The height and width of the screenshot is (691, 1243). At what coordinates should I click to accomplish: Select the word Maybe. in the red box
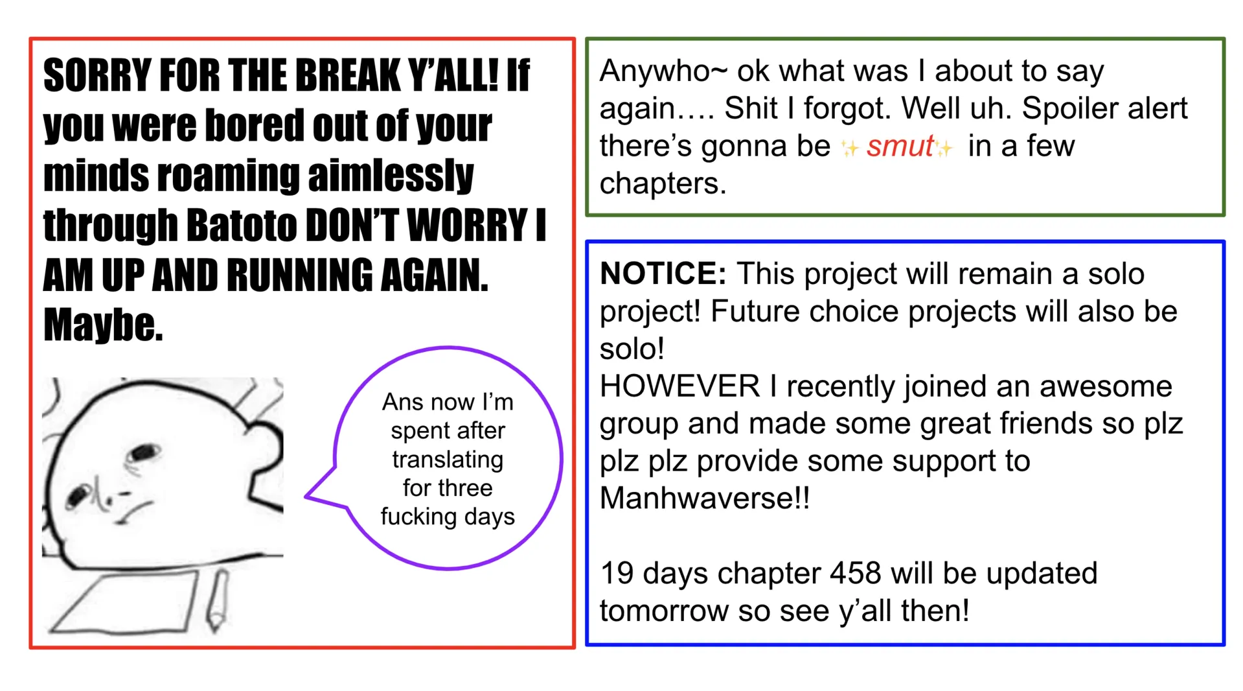click(103, 325)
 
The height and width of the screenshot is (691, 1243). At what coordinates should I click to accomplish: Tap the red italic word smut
click(900, 146)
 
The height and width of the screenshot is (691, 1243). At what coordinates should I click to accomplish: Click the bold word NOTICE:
click(663, 274)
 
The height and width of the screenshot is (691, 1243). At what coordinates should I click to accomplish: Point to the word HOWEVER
click(679, 386)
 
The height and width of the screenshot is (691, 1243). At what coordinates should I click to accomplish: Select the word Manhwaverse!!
click(705, 498)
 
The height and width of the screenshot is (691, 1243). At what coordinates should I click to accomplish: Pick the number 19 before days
click(617, 574)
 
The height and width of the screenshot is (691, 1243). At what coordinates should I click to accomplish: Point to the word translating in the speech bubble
click(448, 460)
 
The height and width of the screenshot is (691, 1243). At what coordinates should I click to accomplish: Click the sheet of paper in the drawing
click(124, 603)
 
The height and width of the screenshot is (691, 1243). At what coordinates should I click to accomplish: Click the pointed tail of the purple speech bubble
click(306, 497)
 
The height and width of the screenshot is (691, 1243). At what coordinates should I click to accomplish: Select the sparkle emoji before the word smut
click(850, 148)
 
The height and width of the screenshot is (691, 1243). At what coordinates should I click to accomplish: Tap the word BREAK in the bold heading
click(348, 75)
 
